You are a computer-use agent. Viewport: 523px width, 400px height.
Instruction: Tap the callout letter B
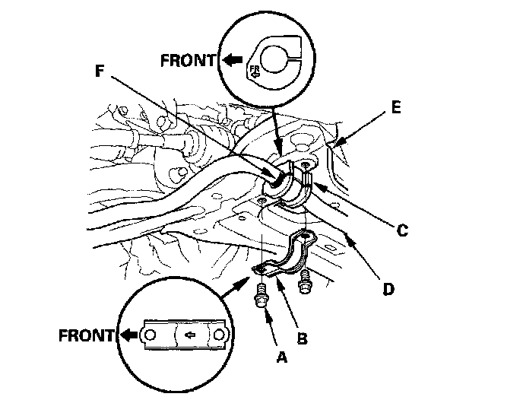point(302,337)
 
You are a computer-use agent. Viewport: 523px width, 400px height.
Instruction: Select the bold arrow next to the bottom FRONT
point(128,334)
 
